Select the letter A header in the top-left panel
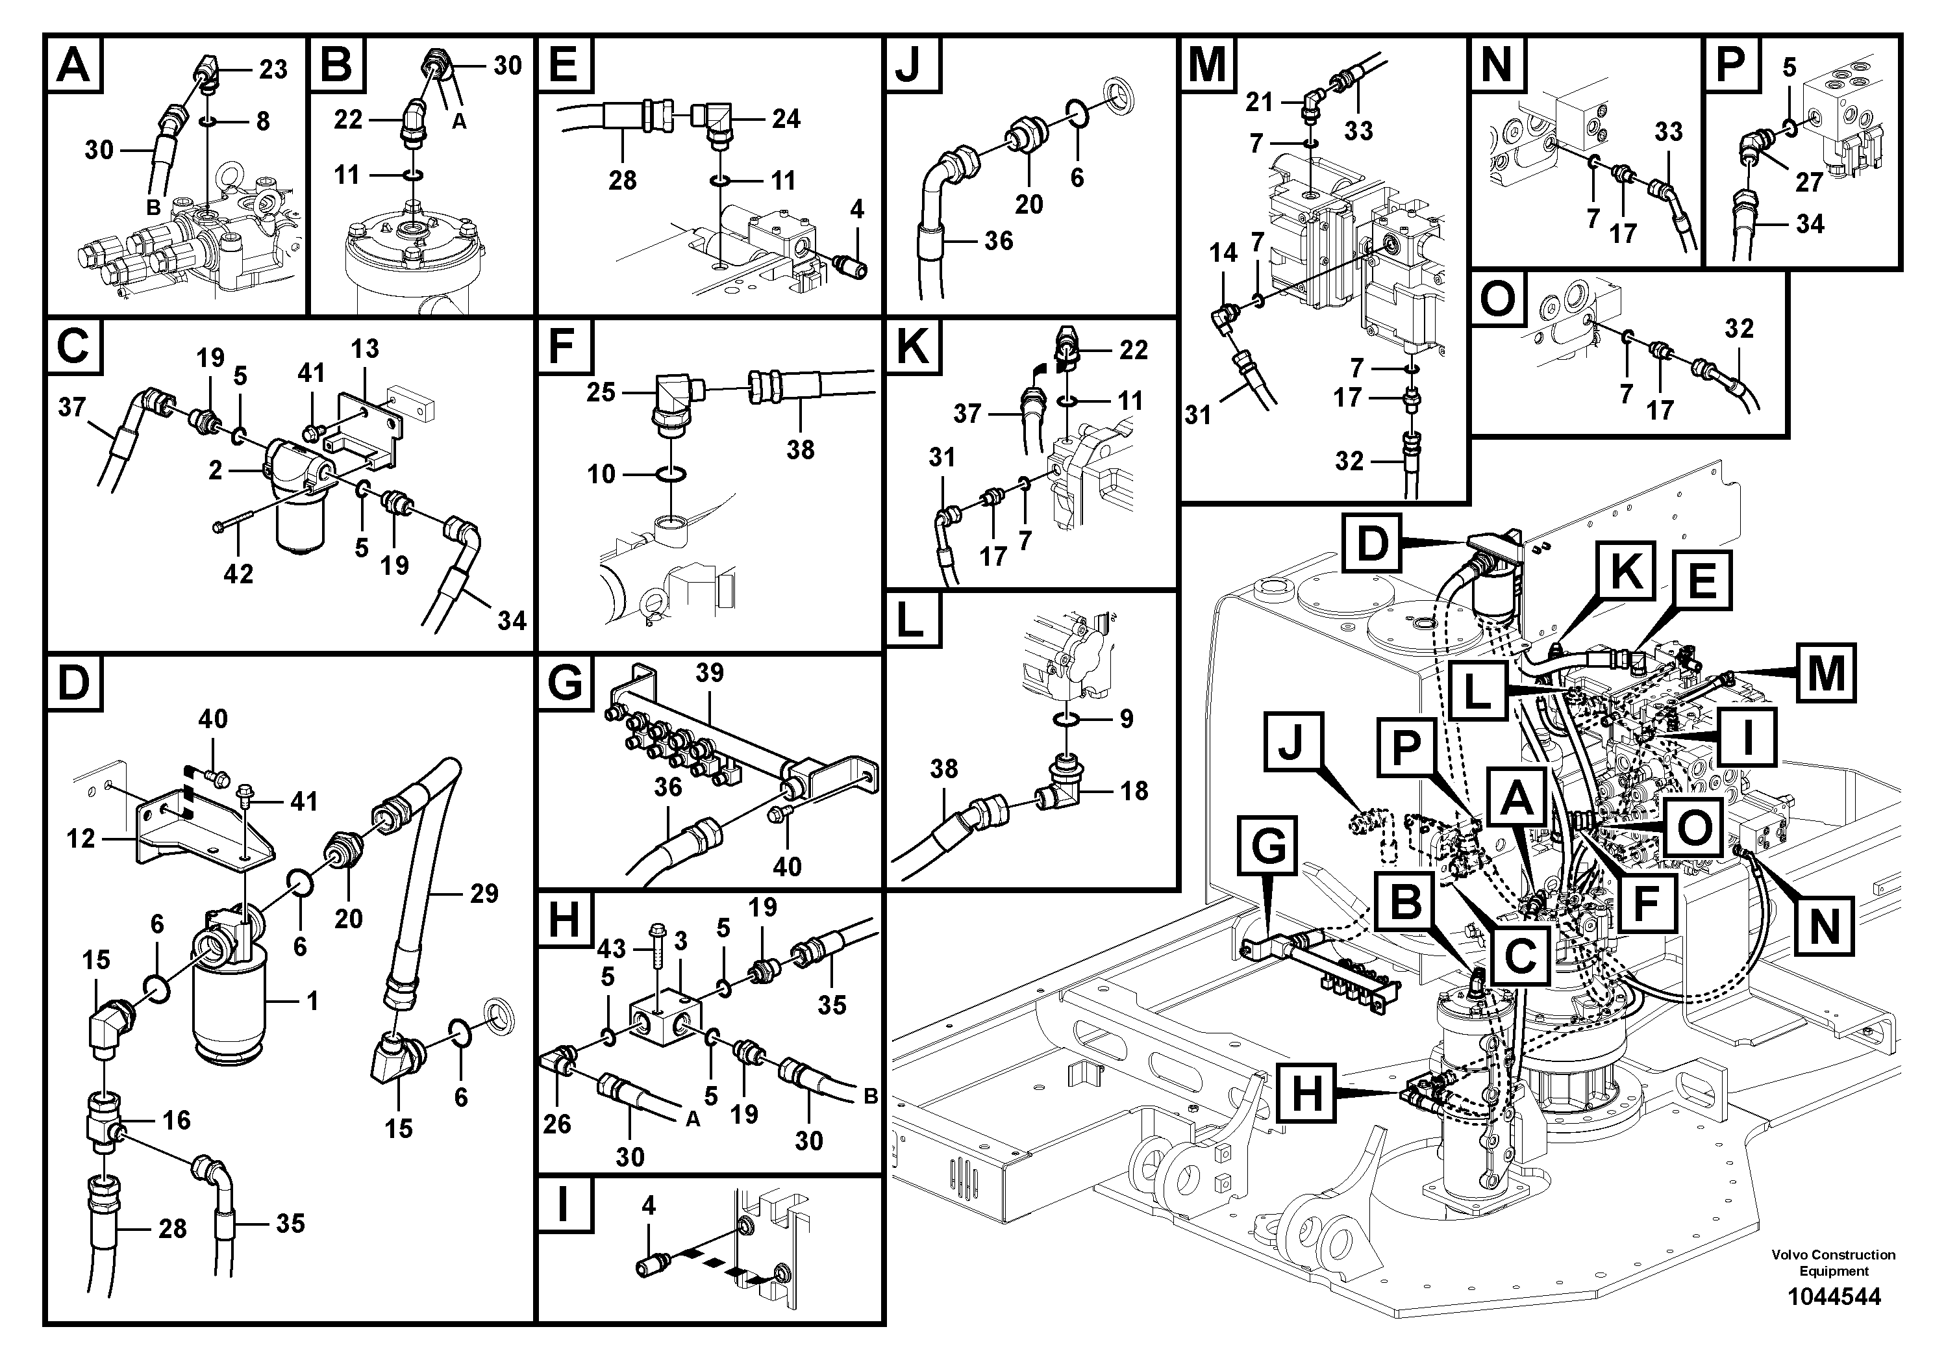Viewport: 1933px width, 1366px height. point(73,65)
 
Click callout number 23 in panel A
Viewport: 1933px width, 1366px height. point(273,69)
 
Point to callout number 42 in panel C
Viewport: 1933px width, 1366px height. point(238,574)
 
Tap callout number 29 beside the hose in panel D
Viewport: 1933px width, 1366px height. point(484,894)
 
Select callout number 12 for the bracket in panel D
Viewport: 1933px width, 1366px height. point(81,839)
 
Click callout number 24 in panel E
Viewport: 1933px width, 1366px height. point(786,119)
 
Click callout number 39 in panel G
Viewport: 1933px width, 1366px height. point(710,673)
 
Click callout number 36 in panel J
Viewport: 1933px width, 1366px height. point(999,241)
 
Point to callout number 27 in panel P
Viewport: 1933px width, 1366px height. point(1808,181)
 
